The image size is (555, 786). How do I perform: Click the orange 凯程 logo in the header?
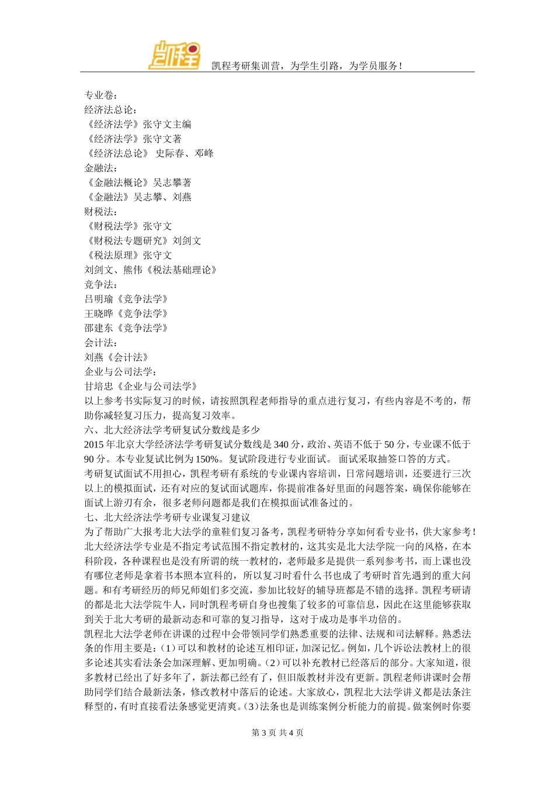coord(175,55)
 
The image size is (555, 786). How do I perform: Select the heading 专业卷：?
coord(100,95)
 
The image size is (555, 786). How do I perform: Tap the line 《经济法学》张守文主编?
coord(138,125)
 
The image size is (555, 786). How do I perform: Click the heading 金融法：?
coord(100,168)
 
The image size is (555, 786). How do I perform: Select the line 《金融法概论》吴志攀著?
coord(138,182)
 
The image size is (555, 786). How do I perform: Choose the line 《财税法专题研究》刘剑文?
coord(143,241)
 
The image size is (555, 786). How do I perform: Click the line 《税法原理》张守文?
coord(129,256)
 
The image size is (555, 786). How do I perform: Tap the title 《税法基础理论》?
coord(182,270)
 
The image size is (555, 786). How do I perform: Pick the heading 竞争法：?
coord(100,285)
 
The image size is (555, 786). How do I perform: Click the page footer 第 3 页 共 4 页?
coord(277,733)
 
